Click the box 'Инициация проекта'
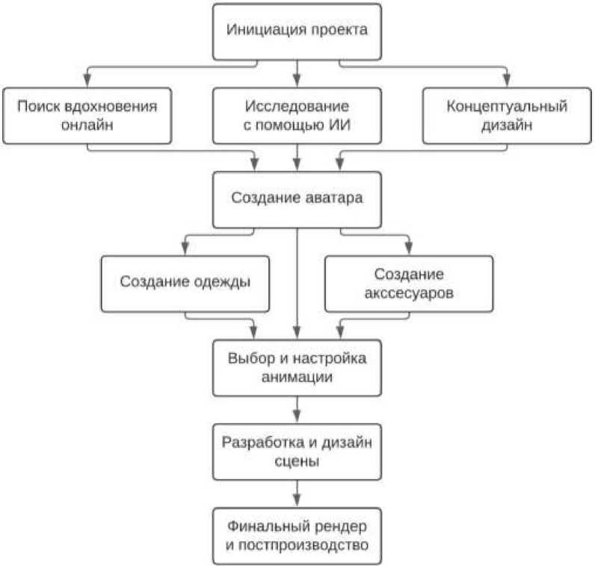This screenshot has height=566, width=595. click(x=297, y=32)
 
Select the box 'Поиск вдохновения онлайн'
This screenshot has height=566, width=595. click(x=87, y=115)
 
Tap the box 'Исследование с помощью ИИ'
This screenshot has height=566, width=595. click(x=297, y=115)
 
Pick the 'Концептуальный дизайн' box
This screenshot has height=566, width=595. click(x=507, y=115)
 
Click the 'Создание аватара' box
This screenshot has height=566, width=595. click(x=297, y=199)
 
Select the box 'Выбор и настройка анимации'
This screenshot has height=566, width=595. click(x=297, y=367)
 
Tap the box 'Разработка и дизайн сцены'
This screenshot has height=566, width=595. click(x=297, y=451)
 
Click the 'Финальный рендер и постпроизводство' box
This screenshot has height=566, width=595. click(x=297, y=535)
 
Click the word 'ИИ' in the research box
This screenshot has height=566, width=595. click(x=340, y=125)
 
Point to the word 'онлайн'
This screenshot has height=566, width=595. click(x=87, y=125)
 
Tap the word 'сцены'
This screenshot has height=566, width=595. click(x=297, y=461)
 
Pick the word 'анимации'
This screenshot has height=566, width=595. click(x=297, y=378)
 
